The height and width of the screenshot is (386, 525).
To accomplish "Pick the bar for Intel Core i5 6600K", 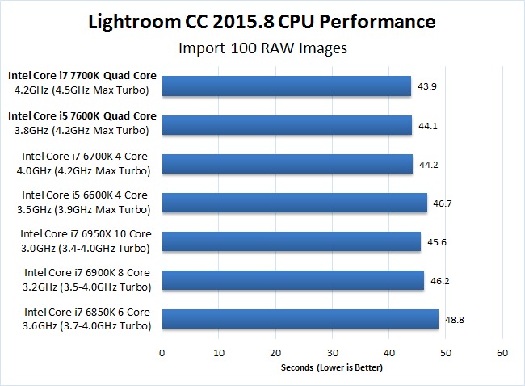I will pos(294,203).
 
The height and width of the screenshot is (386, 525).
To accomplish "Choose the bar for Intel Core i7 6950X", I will pos(291,241).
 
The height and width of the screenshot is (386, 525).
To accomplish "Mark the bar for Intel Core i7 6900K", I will pos(292,280).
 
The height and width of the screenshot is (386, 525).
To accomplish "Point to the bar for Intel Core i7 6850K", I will pos(300,319).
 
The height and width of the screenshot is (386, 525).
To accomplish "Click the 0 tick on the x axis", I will pos(162,353).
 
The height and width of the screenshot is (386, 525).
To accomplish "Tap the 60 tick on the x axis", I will pos(502,353).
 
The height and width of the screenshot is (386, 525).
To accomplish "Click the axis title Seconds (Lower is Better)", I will pos(332,368).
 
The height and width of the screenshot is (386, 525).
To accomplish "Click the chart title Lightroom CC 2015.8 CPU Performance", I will pos(262,20).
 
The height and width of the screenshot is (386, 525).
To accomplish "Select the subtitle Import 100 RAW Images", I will pos(262,48).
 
